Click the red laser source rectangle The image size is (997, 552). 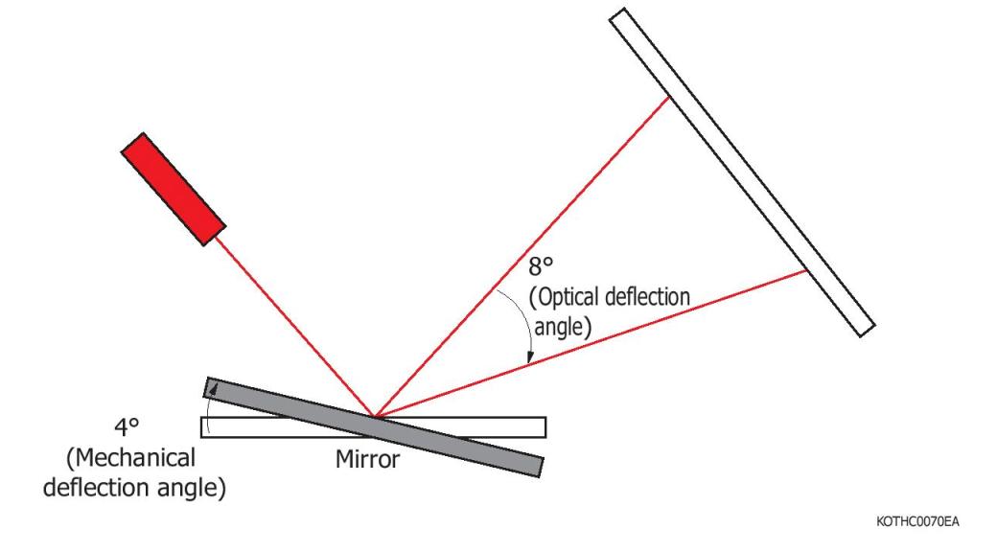[174, 190]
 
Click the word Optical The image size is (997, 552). [571, 297]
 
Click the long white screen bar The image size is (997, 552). [742, 172]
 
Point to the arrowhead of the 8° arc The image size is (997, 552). [530, 360]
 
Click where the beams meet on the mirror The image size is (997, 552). [375, 417]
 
